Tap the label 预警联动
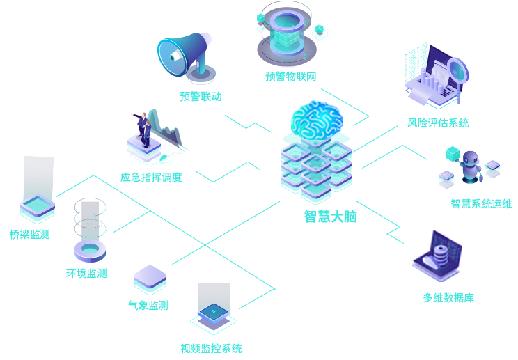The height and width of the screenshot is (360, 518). pos(201,96)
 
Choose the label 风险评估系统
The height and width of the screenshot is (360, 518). pos(438,123)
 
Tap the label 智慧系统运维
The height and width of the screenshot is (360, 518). pos(481,204)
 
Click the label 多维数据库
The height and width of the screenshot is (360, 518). pos(448,298)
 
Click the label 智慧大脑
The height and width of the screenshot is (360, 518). pos(329,217)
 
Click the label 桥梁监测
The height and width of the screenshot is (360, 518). pos(29,235)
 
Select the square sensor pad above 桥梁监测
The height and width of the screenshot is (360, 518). pos(38,206)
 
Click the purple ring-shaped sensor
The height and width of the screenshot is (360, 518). pos(90,249)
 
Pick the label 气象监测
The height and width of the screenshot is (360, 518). pos(148,305)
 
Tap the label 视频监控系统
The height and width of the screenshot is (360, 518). pos(211,348)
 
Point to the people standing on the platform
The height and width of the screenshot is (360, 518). pos(146,129)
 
